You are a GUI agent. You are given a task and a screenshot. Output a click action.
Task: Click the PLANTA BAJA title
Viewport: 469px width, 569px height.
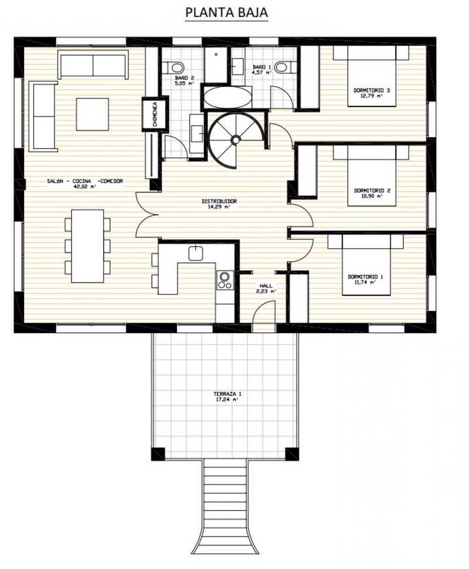pyautogui.click(x=226, y=12)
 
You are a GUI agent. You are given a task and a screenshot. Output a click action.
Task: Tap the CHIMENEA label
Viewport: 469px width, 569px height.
pyautogui.click(x=155, y=114)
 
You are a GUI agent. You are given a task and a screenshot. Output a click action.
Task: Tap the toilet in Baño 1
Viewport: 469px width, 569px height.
pyautogui.click(x=285, y=67)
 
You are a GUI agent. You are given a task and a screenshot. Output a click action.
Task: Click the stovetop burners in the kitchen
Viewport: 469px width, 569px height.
pyautogui.click(x=225, y=280)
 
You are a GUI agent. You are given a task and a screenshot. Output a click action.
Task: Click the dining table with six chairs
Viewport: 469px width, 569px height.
pyautogui.click(x=88, y=246)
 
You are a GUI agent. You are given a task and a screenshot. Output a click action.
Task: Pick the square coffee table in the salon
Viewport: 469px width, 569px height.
pyautogui.click(x=93, y=114)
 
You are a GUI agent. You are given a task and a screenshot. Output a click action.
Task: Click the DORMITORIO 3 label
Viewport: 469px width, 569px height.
pyautogui.click(x=372, y=90)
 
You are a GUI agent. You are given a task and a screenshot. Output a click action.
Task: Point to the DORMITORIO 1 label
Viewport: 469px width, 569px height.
pyautogui.click(x=365, y=277)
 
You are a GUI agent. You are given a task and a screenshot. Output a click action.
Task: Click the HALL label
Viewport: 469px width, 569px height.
pyautogui.click(x=266, y=286)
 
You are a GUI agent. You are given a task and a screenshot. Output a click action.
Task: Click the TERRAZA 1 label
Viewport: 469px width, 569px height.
pyautogui.click(x=227, y=394)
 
